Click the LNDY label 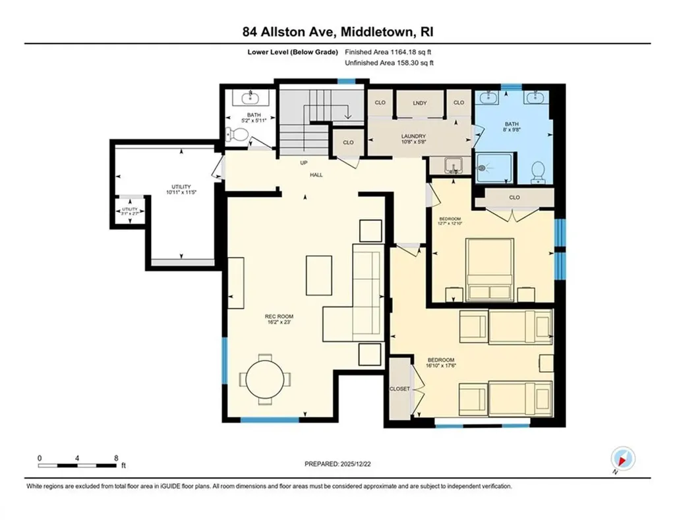pos(419,103)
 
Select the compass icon pos(622,458)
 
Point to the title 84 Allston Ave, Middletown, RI pos(337,32)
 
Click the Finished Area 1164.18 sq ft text pos(389,51)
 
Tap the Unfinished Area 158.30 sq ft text pos(389,63)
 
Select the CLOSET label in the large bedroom pos(399,389)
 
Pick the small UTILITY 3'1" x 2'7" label pos(129,211)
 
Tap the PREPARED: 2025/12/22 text pos(337,464)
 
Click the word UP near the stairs pos(304,163)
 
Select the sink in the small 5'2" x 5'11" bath pos(250,100)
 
